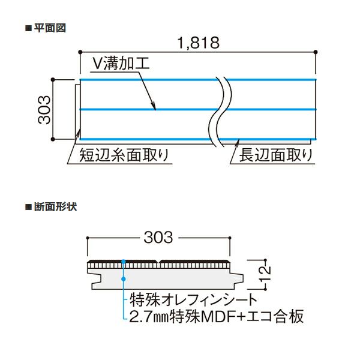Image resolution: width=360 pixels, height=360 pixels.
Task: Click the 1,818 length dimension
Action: [x=199, y=43]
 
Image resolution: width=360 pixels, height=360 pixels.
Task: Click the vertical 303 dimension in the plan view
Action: [x=44, y=110]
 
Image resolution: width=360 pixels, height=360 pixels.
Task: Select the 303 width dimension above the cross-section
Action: [x=158, y=238]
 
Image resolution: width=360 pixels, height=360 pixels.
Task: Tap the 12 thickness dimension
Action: [x=265, y=274]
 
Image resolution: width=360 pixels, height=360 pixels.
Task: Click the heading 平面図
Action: [x=50, y=28]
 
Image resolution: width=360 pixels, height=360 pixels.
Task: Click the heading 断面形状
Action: [x=56, y=207]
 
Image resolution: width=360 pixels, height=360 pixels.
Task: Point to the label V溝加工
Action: [x=121, y=63]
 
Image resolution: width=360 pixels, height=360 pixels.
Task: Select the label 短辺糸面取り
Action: [x=124, y=155]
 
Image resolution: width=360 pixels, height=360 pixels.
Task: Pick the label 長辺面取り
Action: [x=275, y=155]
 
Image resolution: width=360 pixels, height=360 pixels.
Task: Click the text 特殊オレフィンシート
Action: [x=193, y=300]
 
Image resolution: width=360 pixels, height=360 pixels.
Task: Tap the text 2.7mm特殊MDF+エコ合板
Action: [x=217, y=316]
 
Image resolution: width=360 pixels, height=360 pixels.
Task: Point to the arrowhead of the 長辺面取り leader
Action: [x=238, y=141]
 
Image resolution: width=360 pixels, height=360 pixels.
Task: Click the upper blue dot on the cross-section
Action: [x=124, y=262]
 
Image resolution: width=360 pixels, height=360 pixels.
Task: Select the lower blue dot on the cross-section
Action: [x=124, y=279]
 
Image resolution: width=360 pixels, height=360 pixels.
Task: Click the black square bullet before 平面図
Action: [x=28, y=28]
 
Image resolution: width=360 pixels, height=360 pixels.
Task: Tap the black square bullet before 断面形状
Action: [x=28, y=207]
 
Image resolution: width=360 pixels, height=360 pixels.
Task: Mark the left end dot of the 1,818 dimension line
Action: [x=80, y=52]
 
